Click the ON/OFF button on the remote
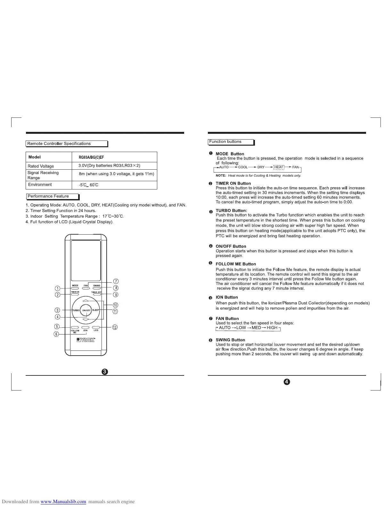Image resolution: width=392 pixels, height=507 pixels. pos(86,310)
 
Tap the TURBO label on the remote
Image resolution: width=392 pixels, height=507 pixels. pos(76,310)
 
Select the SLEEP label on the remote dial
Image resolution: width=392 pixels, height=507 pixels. pos(96,310)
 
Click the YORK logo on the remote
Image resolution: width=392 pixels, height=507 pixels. pos(86,340)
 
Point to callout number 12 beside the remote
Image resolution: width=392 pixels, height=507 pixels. pos(115,327)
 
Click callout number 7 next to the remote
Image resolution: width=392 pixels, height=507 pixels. pos(116,281)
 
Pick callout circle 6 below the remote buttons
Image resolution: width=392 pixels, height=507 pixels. pos(56,334)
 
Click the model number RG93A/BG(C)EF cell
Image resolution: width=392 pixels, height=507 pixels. pos(91,157)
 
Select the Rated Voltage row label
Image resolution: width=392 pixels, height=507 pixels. pos(41,166)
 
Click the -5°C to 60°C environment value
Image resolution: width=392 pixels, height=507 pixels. pos(89,185)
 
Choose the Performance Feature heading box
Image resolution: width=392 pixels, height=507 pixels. pos(52,197)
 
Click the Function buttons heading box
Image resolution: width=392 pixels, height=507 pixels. pos(231,142)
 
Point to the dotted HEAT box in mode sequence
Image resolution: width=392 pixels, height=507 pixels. pos(279,167)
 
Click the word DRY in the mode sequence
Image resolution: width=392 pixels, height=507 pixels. pos(261,167)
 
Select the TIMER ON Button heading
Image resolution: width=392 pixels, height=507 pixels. pos(233,183)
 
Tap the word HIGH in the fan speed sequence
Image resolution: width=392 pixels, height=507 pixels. pos(272,328)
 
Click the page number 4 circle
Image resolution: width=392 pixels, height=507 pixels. pos(287,382)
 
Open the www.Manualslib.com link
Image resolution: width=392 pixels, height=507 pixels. pos(63,502)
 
